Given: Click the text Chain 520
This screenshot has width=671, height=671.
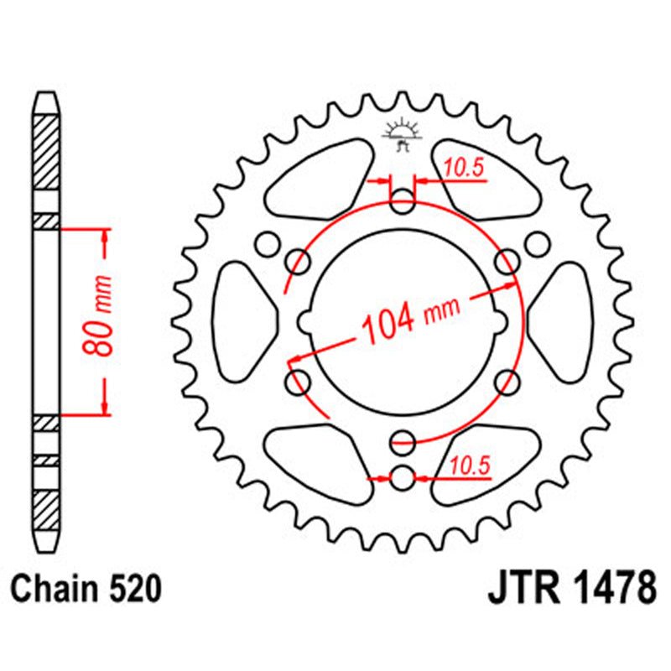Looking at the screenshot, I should [86, 590].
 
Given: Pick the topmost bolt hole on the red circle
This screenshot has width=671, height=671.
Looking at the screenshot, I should [403, 200].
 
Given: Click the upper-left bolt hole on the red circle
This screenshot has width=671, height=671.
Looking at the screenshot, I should [298, 263].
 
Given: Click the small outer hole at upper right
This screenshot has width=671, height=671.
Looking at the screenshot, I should [535, 244].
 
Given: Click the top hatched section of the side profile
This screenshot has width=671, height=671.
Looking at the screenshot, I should [47, 151].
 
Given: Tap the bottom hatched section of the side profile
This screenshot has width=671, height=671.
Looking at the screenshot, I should [47, 507].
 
